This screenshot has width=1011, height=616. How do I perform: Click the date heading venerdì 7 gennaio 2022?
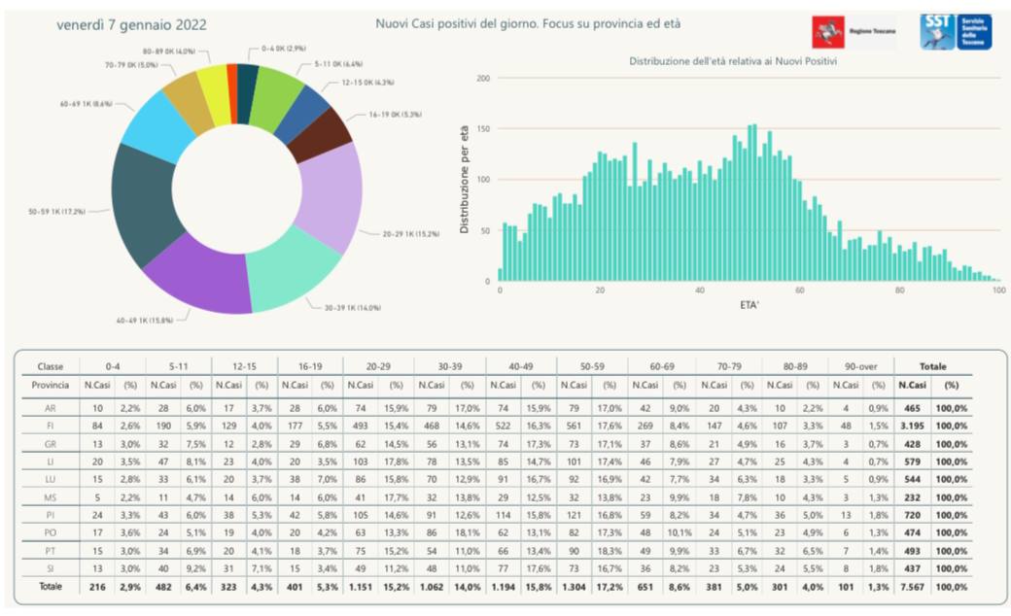tap(132, 24)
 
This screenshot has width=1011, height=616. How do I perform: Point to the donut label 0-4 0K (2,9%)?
tap(284, 47)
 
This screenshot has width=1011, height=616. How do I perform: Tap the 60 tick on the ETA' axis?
tap(800, 291)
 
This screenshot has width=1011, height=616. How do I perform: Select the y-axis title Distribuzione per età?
tap(465, 178)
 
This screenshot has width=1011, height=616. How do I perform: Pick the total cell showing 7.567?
tap(913, 588)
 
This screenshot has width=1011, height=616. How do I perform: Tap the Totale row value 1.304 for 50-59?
tap(574, 588)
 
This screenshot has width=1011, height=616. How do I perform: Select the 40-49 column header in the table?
tap(521, 367)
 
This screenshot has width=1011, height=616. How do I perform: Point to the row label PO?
tap(50, 533)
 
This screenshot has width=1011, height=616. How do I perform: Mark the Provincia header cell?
tap(50, 385)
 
